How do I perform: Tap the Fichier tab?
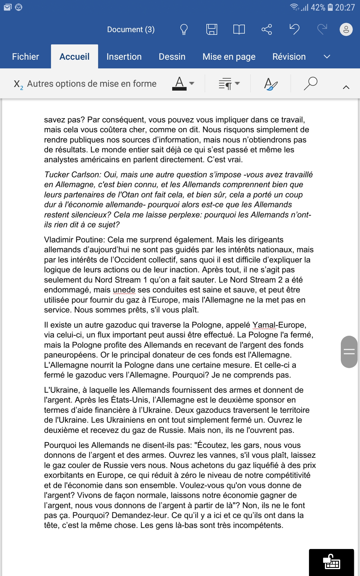pyautogui.click(x=25, y=57)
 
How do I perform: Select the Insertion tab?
pyautogui.click(x=124, y=57)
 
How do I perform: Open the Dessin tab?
pyautogui.click(x=172, y=57)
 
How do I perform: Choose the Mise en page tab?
pyautogui.click(x=229, y=57)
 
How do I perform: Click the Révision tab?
pyautogui.click(x=289, y=57)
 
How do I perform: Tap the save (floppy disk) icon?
pyautogui.click(x=211, y=29)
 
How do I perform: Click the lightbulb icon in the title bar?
pyautogui.click(x=184, y=29)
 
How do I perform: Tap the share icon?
pyautogui.click(x=267, y=29)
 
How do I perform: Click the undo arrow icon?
pyautogui.click(x=294, y=29)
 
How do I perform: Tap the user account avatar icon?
pyautogui.click(x=346, y=29)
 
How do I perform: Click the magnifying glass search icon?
pyautogui.click(x=310, y=83)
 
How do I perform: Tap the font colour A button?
pyautogui.click(x=179, y=83)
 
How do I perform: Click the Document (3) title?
pyautogui.click(x=131, y=29)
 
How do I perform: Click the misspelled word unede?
pyautogui.click(x=124, y=290)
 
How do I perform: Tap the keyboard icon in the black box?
pyautogui.click(x=331, y=562)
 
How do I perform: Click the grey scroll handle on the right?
pyautogui.click(x=349, y=352)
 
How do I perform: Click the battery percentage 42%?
pyautogui.click(x=318, y=7)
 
